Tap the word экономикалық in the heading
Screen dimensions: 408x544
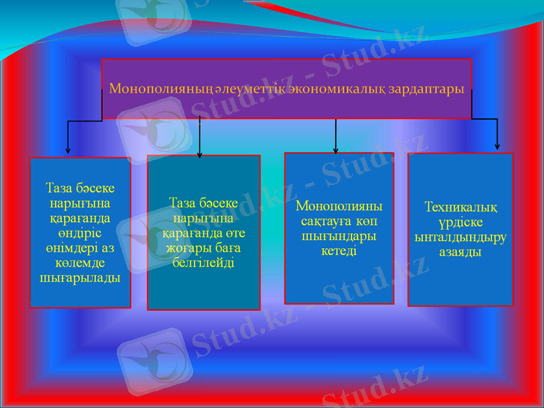coord(327,89)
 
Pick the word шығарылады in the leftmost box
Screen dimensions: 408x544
coord(80,277)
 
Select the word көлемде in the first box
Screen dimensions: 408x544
coord(80,262)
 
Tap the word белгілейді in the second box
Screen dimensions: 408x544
coord(204,262)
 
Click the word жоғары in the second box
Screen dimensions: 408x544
coord(184,248)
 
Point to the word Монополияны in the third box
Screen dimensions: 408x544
coord(339,206)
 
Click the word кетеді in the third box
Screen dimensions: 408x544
coord(339,251)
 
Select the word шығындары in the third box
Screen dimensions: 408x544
coord(339,236)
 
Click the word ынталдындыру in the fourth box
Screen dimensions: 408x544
coord(460,237)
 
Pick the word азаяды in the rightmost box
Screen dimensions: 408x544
coord(460,252)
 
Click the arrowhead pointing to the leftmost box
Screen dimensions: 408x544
coord(67,150)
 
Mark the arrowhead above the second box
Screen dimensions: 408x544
coord(199,154)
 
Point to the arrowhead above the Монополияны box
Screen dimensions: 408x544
coord(336,150)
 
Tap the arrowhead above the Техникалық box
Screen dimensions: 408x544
coord(497,146)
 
